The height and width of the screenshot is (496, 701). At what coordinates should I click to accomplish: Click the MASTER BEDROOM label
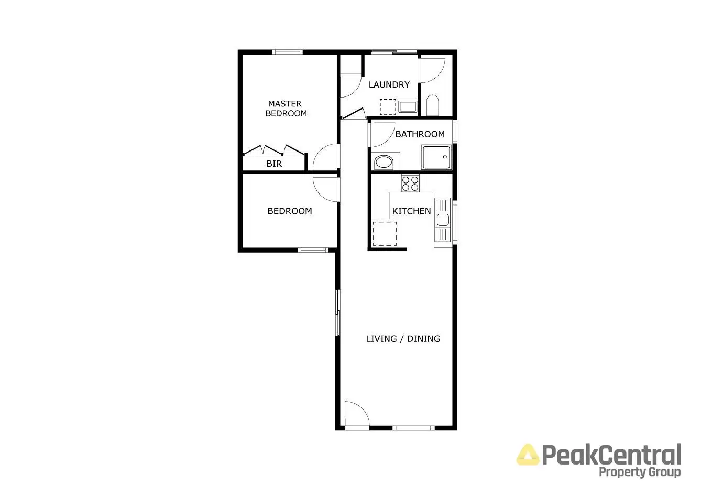pos(286,109)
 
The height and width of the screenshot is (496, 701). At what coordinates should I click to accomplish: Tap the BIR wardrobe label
pos(274,164)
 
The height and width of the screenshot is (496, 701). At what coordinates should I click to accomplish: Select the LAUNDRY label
pos(389,84)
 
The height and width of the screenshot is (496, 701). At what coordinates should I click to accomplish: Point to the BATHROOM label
pos(420,134)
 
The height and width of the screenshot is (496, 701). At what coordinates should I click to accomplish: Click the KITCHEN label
pos(411,211)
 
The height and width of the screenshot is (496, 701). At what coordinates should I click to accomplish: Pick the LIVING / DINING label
pos(402,338)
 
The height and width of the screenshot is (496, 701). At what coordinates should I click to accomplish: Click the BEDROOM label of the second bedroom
pos(289,211)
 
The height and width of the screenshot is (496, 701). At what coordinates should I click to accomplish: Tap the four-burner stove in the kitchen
pos(410,183)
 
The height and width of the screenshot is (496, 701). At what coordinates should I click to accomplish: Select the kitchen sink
pos(442,220)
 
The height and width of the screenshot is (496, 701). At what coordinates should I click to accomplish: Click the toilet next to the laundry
pos(433,105)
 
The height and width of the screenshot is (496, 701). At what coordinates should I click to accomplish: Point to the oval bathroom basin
pos(384,162)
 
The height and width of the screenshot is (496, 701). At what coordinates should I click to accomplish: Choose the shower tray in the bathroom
pos(436,157)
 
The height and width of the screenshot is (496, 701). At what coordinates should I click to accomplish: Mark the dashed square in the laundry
pos(388,107)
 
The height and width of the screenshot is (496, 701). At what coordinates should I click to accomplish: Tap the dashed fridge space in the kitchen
pos(385,234)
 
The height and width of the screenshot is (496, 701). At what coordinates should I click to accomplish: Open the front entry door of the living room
pos(356,414)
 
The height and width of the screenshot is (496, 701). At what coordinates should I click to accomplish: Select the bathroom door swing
pos(381,134)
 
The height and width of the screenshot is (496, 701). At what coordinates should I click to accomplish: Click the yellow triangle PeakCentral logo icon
pos(528,455)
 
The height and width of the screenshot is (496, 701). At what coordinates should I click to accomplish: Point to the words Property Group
pos(639,472)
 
